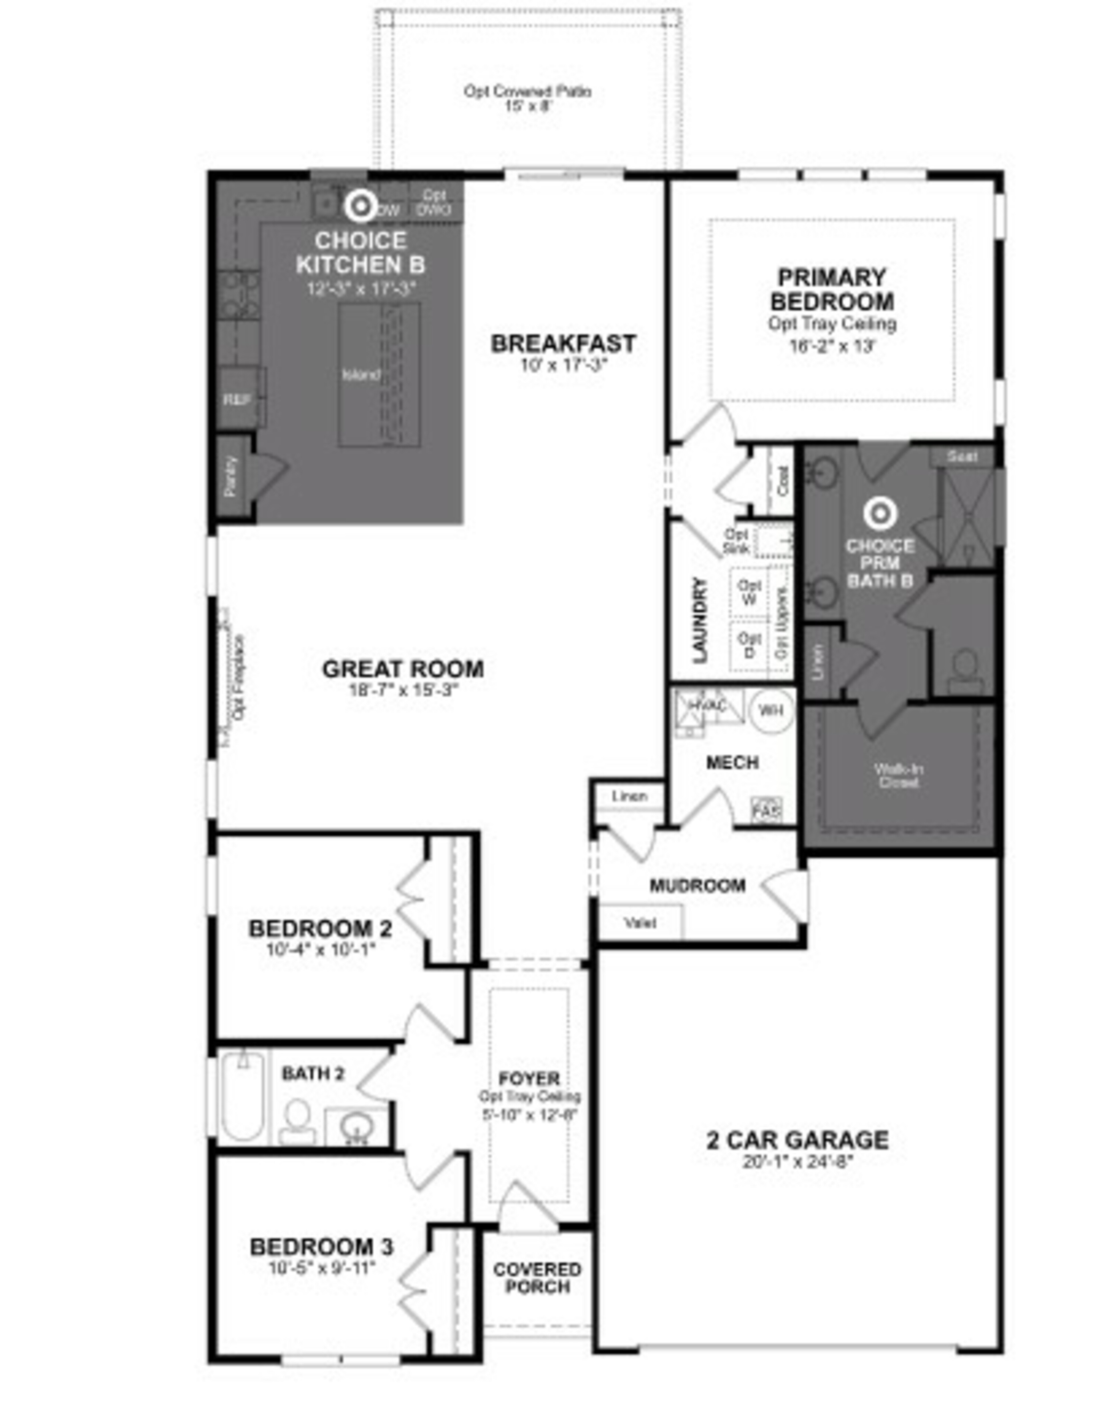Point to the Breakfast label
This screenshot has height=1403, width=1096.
(x=563, y=344)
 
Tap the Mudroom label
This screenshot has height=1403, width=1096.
(x=698, y=886)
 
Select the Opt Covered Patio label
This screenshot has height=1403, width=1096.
(x=528, y=92)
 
